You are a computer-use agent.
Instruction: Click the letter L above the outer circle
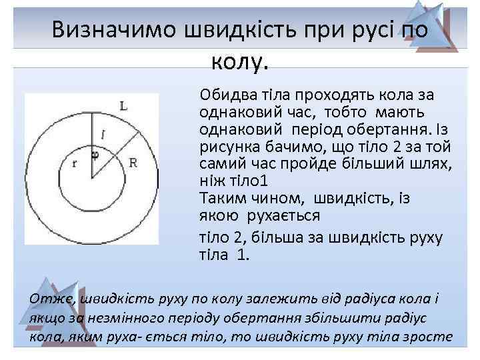tap(123, 105)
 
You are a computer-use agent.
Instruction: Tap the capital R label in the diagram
tap(133, 162)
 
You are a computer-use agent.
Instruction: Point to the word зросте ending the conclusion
tap(430, 337)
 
